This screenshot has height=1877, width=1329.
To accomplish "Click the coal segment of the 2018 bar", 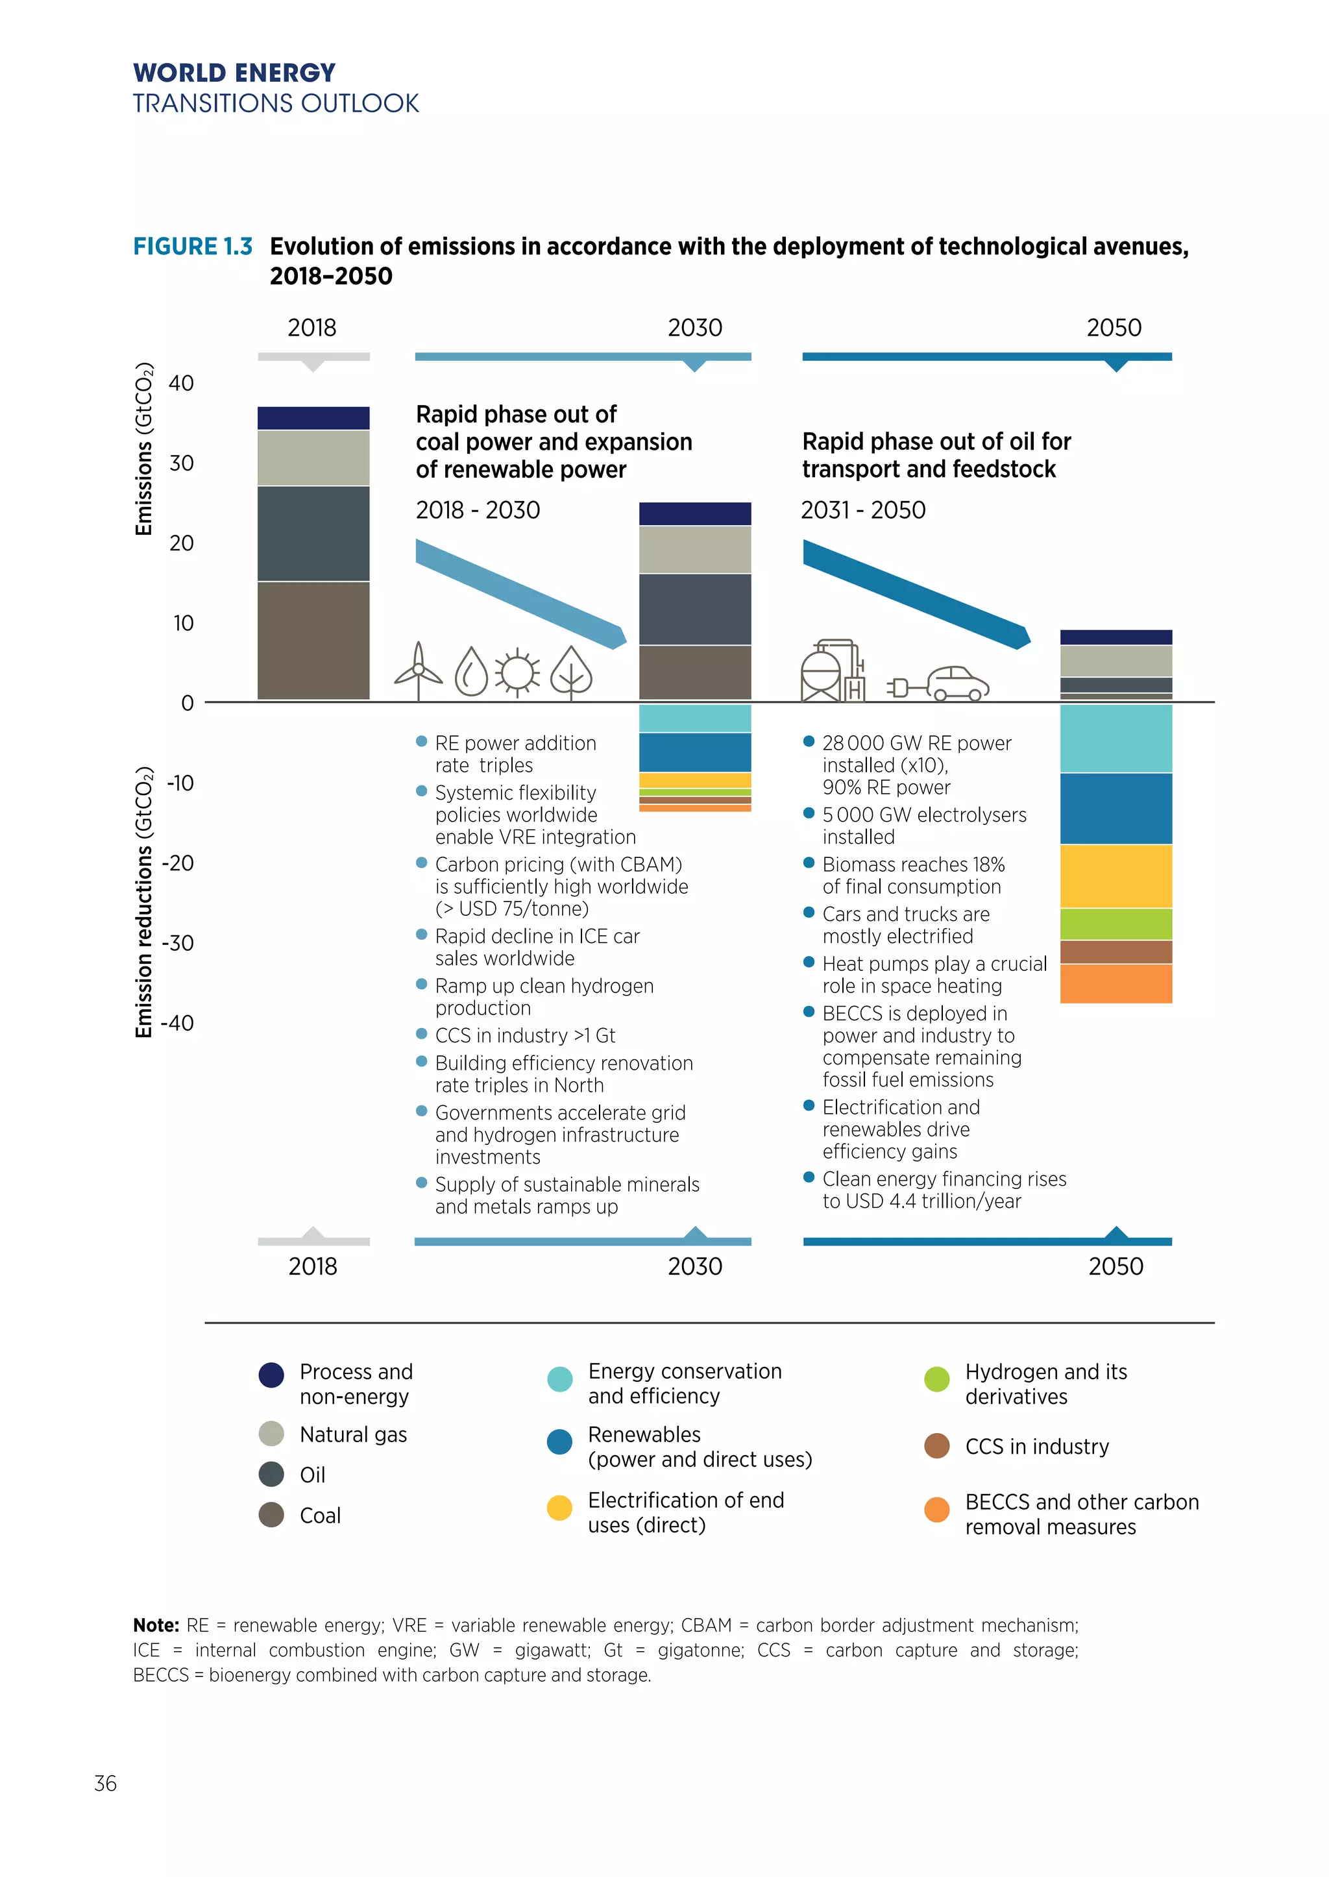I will [x=313, y=640].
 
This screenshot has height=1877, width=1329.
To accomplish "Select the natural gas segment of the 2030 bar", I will [x=695, y=549].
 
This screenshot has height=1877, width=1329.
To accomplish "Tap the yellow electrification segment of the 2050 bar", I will [x=1116, y=876].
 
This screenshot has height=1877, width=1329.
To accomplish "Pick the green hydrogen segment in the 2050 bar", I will [x=1116, y=924].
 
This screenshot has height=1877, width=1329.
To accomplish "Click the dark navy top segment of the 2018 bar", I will [x=313, y=417].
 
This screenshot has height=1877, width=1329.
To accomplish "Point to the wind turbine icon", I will [x=418, y=671].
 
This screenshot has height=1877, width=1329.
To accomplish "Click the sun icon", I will [x=517, y=673].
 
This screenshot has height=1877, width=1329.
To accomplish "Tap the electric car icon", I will [x=957, y=683].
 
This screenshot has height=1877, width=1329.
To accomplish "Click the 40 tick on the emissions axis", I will [x=181, y=383].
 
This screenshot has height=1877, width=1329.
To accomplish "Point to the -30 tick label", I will [x=178, y=943].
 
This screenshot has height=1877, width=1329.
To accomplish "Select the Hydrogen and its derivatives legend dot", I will [x=937, y=1379].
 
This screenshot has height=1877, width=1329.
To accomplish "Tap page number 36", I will [x=106, y=1783].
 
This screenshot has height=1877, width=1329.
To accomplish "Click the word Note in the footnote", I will [x=156, y=1625].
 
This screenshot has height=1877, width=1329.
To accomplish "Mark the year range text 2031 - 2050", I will [x=863, y=510].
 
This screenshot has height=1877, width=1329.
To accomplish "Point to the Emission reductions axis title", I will [x=144, y=902].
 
